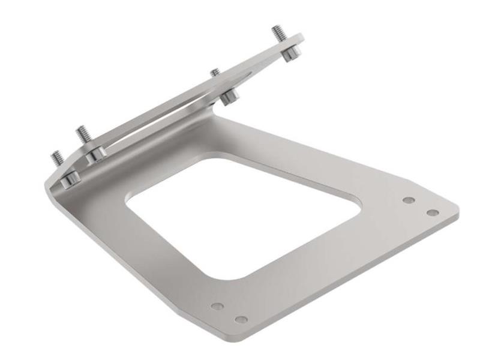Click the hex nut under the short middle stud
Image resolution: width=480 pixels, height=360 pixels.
click(x=229, y=95)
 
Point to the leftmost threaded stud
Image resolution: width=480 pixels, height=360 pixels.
click(x=57, y=158)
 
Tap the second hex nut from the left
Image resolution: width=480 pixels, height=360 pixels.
click(x=94, y=154)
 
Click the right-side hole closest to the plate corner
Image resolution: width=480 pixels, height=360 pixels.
click(x=432, y=213)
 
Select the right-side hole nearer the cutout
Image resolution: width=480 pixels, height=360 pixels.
click(x=409, y=200)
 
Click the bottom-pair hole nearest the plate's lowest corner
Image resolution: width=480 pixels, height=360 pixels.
click(x=241, y=319)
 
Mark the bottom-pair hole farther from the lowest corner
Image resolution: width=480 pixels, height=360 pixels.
click(x=218, y=307)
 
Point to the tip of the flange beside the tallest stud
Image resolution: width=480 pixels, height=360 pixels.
click(x=300, y=37)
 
